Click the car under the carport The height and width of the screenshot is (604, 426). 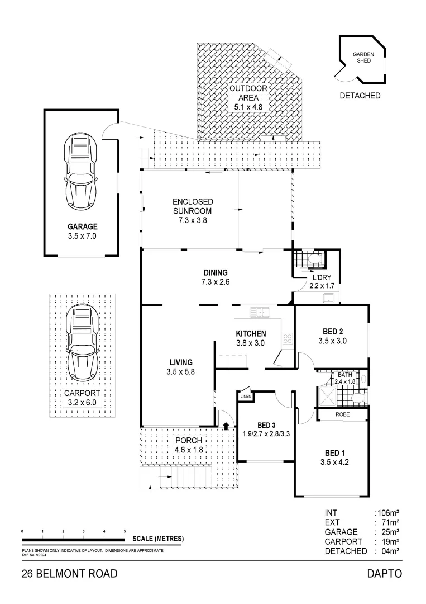82,342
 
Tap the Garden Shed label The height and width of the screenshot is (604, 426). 363,58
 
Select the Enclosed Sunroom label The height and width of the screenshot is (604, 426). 193,206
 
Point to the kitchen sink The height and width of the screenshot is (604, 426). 260,312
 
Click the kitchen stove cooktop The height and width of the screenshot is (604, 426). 288,338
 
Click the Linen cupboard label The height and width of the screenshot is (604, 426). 246,397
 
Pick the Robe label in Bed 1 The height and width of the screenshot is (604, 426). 343,414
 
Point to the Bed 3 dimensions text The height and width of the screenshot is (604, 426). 266,434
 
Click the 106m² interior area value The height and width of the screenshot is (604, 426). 389,513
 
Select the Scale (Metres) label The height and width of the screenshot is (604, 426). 158,539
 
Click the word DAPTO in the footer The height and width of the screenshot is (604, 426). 385,574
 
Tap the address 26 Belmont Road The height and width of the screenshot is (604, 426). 70,574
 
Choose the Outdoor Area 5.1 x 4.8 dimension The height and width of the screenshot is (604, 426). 248,107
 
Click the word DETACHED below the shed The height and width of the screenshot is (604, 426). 360,96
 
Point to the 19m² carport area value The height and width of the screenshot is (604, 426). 390,541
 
